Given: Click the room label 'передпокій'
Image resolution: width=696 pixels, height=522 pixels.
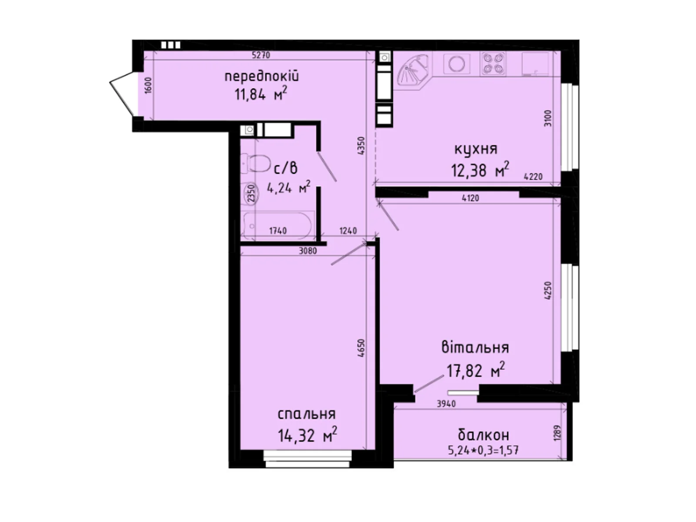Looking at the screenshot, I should tap(261, 77).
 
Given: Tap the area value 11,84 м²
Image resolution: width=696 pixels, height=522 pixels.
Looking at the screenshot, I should tap(261, 94).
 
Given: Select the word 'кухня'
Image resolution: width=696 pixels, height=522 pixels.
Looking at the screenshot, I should tap(475, 149).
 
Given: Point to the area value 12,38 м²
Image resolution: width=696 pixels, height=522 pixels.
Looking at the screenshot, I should tap(480, 170).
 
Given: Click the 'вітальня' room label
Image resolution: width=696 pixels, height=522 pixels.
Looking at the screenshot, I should tap(475, 348).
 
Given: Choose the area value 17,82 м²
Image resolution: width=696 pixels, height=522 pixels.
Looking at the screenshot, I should tap(475, 371).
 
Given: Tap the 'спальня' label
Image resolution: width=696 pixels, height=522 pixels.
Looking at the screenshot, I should tap(306, 414).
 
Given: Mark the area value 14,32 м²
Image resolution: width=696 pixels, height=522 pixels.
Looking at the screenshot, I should tap(308, 435).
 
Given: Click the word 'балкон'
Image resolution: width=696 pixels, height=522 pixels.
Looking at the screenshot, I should tap(483, 434).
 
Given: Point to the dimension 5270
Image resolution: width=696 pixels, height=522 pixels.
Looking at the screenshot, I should tap(261, 55).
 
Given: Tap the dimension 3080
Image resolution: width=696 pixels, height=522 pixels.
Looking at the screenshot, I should tap(308, 251).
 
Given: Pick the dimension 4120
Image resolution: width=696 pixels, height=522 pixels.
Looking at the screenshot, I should tap(470, 198).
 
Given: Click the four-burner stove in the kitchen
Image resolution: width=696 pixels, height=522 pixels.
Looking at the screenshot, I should tap(493, 63).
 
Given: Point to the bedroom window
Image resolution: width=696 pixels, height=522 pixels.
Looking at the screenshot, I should tap(308, 458).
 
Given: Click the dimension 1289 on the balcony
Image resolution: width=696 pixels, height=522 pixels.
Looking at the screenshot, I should tap(559, 432).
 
